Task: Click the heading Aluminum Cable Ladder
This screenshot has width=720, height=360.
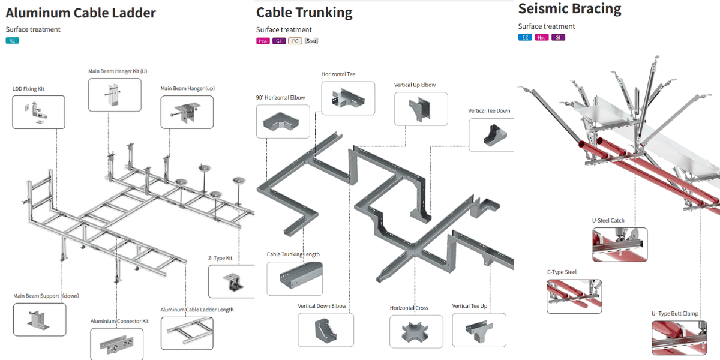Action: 80,13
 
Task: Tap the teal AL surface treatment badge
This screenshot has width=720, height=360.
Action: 13,41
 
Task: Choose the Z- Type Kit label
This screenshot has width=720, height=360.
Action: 220,258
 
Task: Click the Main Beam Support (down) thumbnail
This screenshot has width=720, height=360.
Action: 40,319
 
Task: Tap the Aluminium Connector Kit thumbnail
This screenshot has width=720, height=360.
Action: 116,344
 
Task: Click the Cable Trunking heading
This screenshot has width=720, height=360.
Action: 304,12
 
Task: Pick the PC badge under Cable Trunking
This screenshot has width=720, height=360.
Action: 295,41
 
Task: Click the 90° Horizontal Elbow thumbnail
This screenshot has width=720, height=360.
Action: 283,122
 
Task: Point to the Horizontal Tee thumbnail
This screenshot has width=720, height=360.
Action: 348,98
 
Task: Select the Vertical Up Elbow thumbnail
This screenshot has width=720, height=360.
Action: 421,108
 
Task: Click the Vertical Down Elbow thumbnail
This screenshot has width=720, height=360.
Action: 326,329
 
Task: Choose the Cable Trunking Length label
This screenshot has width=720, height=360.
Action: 293,254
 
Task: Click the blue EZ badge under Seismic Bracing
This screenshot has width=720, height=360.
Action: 525,38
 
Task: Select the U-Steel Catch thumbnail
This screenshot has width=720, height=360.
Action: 620,244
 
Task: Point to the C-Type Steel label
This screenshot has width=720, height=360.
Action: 562,272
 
